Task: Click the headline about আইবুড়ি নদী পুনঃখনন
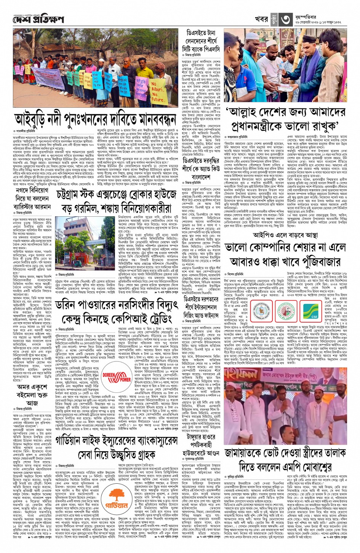point(95,119)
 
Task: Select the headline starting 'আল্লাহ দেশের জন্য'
point(286,119)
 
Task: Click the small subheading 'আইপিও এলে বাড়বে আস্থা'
point(285,235)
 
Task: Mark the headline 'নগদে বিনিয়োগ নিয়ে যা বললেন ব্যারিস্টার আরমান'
point(32,198)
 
